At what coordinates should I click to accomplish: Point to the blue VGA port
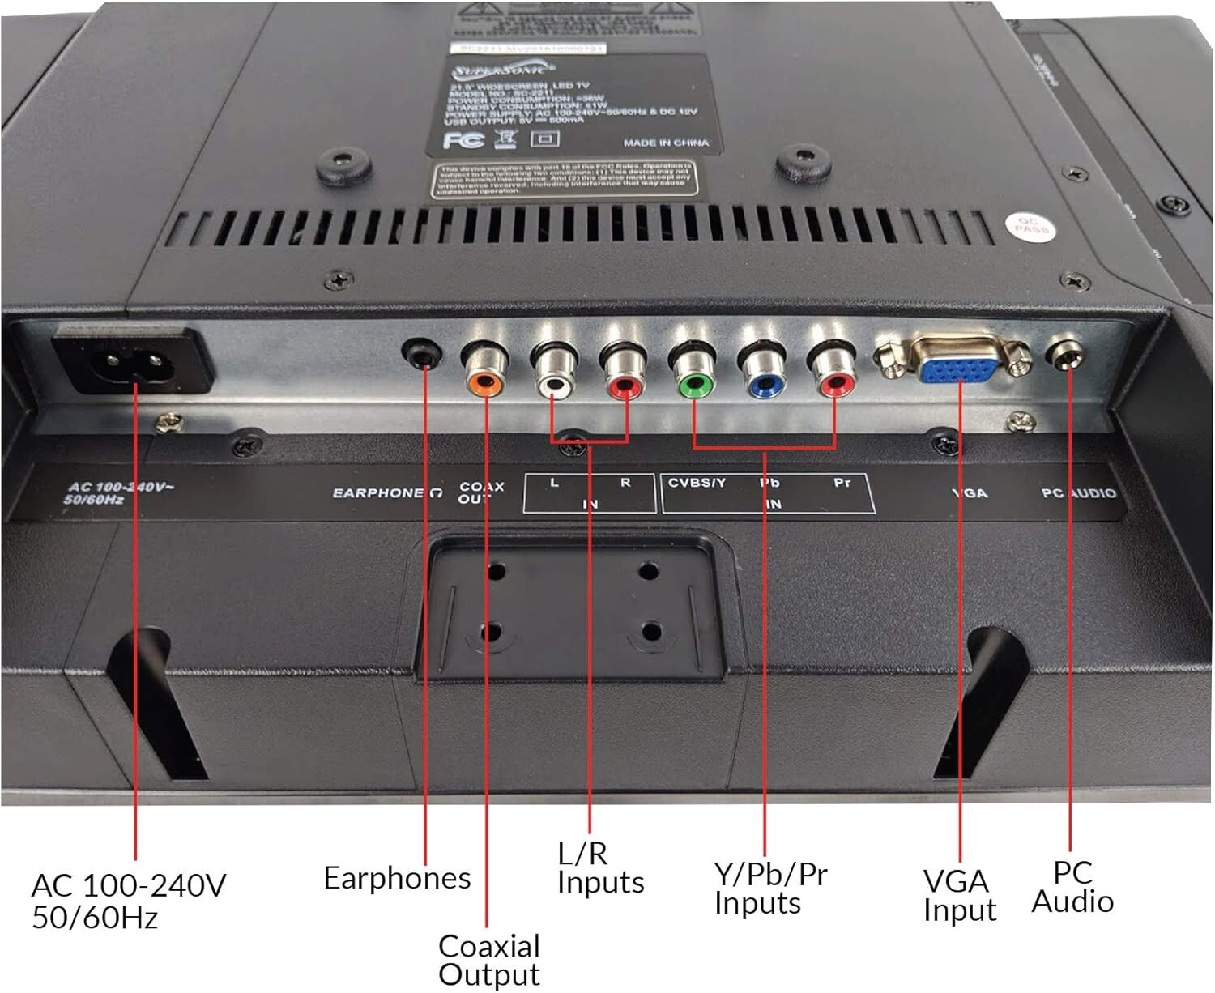pos(958,369)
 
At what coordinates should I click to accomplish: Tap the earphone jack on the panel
pos(422,354)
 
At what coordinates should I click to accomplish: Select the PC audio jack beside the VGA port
pos(1065,353)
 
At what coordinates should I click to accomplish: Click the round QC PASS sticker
pos(1028,226)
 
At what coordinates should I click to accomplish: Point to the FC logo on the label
pos(463,140)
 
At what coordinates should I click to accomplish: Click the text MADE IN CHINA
pos(666,143)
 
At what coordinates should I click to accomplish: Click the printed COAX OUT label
pos(481,492)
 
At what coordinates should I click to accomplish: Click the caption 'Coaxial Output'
pos(489,960)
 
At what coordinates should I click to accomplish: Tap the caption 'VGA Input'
pos(958,895)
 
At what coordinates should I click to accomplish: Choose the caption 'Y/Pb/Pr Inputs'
pos(769,889)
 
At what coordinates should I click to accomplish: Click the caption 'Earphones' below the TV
pos(397,878)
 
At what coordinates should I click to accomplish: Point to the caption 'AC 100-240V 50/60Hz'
pos(128,901)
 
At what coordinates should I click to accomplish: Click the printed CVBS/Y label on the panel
pos(697,483)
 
